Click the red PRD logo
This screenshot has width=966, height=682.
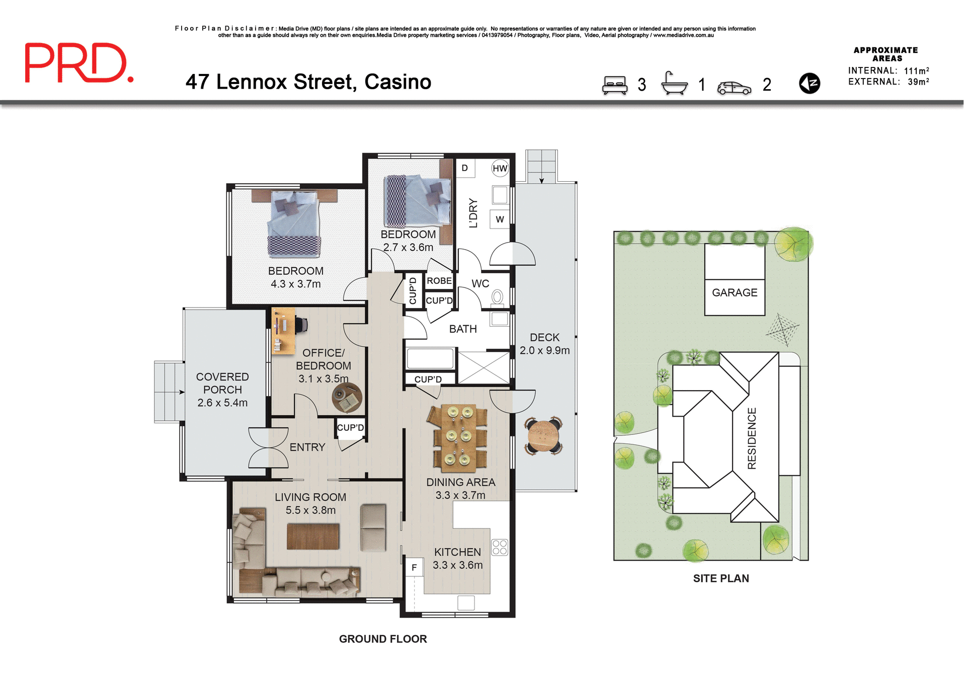[79, 63]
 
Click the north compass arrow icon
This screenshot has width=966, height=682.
[809, 83]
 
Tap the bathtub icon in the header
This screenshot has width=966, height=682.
[674, 84]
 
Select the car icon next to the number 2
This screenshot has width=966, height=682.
[734, 88]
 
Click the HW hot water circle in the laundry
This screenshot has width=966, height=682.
[500, 169]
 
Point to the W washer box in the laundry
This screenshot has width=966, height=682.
[500, 219]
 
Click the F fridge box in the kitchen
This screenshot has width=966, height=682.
[414, 568]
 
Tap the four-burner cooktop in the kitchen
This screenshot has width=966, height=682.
[500, 547]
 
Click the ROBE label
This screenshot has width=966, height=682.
[439, 281]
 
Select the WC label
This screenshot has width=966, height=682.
[480, 284]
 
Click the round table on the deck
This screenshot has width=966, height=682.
[542, 436]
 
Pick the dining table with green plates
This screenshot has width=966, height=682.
[457, 436]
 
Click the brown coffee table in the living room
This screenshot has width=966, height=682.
[313, 536]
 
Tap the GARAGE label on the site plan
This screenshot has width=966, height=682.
[734, 292]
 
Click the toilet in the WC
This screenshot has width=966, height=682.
[497, 297]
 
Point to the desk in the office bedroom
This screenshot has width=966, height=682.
[283, 331]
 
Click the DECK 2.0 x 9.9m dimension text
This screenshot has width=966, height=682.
[544, 350]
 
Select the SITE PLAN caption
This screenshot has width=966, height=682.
[720, 578]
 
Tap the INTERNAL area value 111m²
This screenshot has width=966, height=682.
[916, 71]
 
